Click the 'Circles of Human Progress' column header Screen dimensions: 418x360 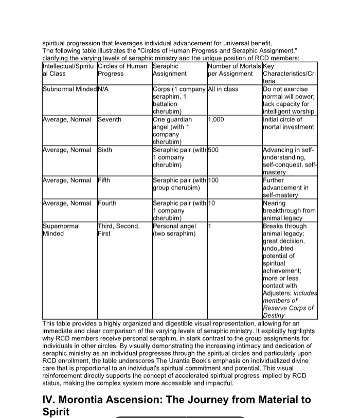pos(122,70)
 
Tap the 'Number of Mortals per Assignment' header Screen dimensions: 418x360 pos(230,70)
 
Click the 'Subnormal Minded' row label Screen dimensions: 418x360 pos(69,89)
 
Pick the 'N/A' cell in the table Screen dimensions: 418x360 pos(103,89)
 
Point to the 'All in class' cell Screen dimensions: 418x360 pos(223,89)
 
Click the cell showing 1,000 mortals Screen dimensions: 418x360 pos(216,119)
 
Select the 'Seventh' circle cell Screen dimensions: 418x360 pos(110,119)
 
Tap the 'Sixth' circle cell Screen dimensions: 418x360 pos(105,150)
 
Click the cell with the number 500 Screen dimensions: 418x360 pos(214,150)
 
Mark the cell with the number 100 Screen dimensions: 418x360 pos(214,180)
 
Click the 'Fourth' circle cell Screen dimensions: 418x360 pos(107,203)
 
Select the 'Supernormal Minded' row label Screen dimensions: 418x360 pos(61,230)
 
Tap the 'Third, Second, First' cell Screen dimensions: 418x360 pos(118,230)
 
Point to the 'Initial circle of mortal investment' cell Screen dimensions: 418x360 pos(288,123)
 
